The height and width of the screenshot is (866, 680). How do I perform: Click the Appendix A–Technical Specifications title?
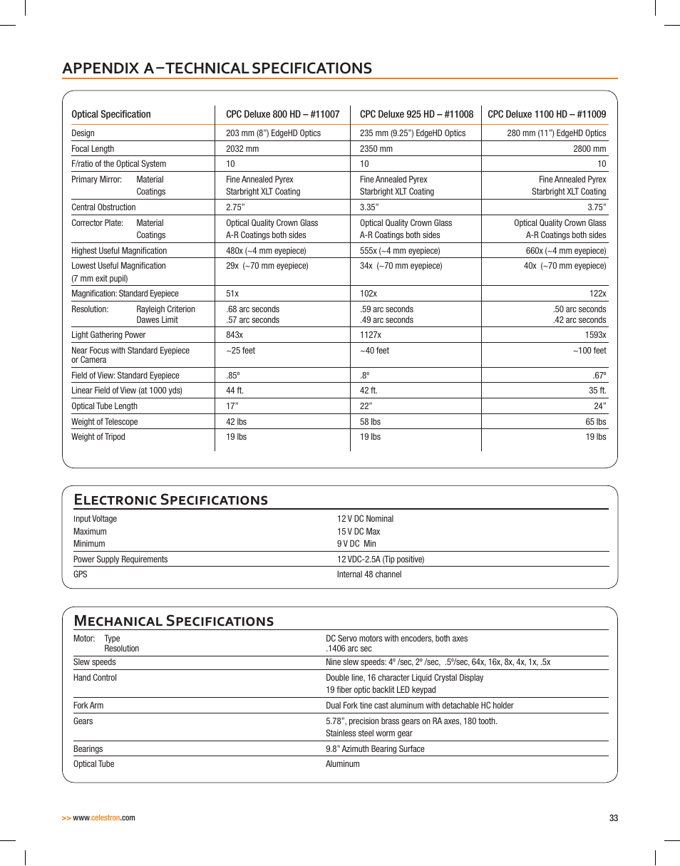pyautogui.click(x=217, y=68)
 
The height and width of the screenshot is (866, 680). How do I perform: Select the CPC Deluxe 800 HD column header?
pyautogui.click(x=282, y=114)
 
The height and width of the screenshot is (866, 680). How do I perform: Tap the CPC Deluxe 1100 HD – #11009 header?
pyautogui.click(x=546, y=114)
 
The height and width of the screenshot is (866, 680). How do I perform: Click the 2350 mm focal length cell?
pyautogui.click(x=376, y=149)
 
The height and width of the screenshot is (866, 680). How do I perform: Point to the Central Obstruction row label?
pyautogui.click(x=103, y=207)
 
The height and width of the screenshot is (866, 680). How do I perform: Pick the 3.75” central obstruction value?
pyautogui.click(x=597, y=207)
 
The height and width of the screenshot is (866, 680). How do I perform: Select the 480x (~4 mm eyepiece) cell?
pyautogui.click(x=266, y=251)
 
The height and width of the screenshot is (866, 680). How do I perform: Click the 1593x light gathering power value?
pyautogui.click(x=595, y=335)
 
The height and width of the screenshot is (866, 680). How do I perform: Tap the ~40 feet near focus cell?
pyautogui.click(x=374, y=351)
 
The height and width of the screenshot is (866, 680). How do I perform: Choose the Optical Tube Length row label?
pyautogui.click(x=104, y=406)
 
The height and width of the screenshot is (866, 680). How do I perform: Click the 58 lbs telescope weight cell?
pyautogui.click(x=370, y=422)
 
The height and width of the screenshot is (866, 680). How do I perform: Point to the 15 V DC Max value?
pyautogui.click(x=359, y=532)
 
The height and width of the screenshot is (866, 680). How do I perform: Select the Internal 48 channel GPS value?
pyautogui.click(x=369, y=574)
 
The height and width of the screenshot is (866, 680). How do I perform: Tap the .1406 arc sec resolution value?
pyautogui.click(x=349, y=649)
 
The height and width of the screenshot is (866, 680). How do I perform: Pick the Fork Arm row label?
pyautogui.click(x=88, y=706)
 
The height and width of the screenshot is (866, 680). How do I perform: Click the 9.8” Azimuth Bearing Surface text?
pyautogui.click(x=375, y=749)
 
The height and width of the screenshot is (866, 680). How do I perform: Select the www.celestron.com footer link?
pyautogui.click(x=103, y=818)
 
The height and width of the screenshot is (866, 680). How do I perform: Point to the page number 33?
pyautogui.click(x=614, y=818)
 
